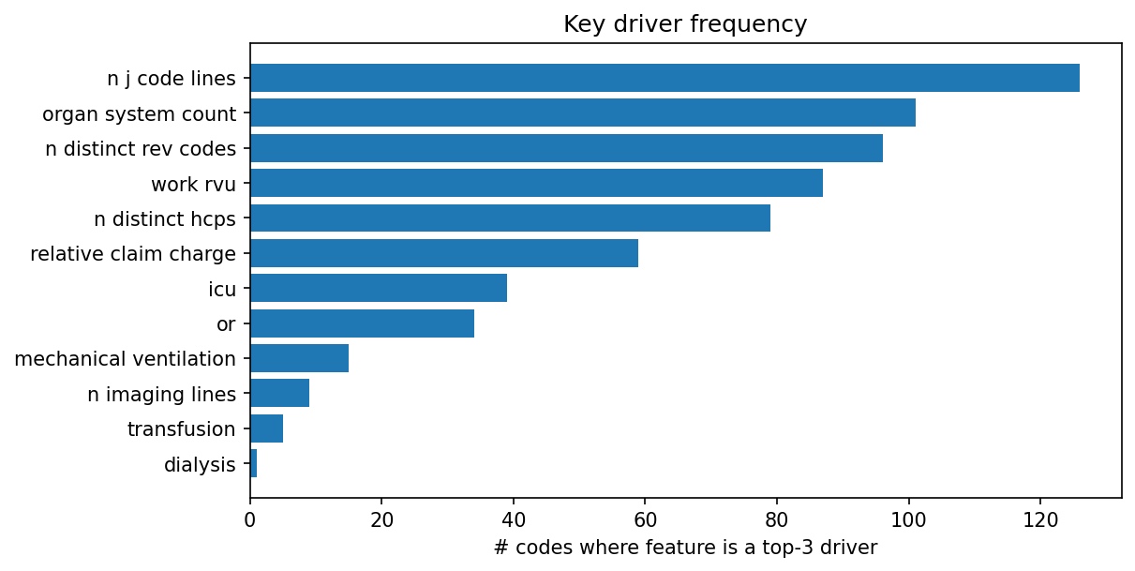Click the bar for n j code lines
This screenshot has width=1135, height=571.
click(665, 78)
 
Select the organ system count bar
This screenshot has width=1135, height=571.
click(582, 113)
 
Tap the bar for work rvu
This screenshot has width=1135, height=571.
click(536, 183)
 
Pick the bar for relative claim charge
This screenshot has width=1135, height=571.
click(443, 253)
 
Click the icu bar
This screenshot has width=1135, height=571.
click(378, 288)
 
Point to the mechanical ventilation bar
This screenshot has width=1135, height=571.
click(299, 358)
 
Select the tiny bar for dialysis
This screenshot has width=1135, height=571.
click(253, 463)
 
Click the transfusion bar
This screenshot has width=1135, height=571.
click(266, 428)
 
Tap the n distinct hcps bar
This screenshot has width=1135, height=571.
click(510, 218)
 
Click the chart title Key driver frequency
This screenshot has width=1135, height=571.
click(685, 24)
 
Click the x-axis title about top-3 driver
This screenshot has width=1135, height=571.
click(685, 548)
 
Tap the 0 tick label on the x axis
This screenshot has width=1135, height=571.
click(250, 519)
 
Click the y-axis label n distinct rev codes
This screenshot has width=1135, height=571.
click(141, 148)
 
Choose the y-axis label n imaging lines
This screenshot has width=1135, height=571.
click(161, 394)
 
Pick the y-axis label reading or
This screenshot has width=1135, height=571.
click(226, 323)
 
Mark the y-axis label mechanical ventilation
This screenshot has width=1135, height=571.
click(125, 358)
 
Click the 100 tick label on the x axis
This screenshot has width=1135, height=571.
click(908, 519)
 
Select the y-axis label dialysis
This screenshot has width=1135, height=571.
click(200, 464)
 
